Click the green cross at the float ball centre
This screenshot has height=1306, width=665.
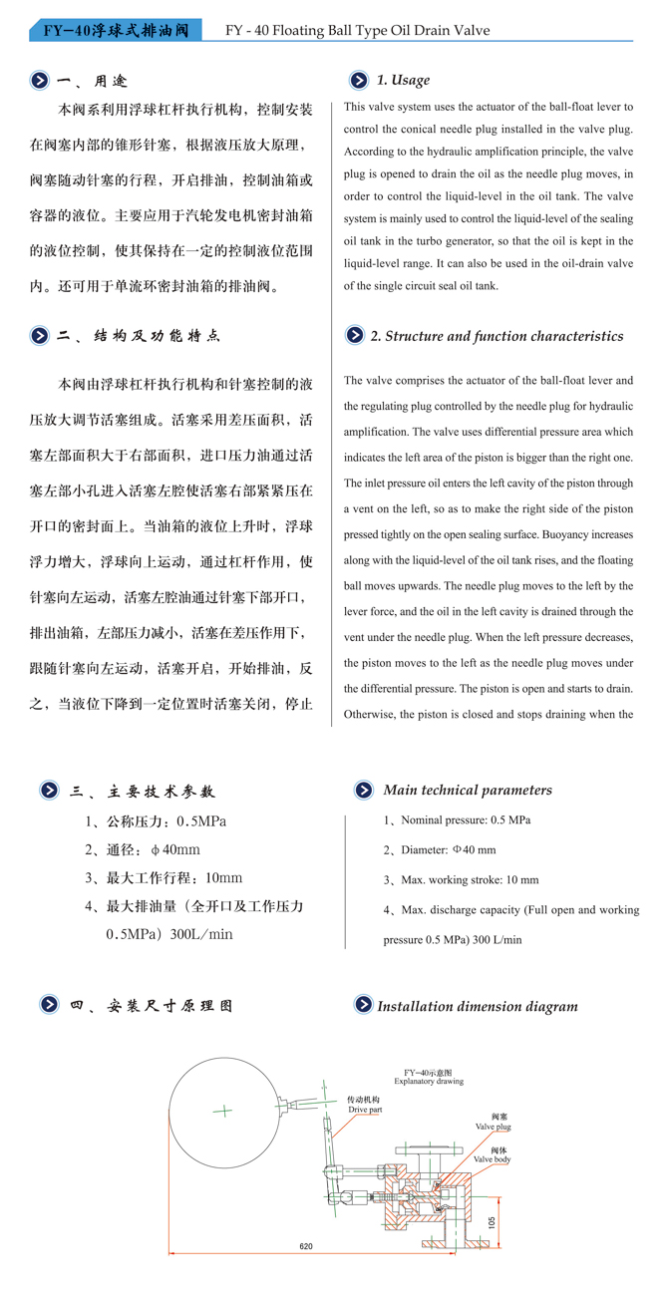pos(226,1110)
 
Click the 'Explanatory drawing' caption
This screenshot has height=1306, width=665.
pos(429,1081)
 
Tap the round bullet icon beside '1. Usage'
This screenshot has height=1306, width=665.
pos(356,81)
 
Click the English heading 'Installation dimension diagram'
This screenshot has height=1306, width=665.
pos(477,1006)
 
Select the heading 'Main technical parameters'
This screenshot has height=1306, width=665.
pos(467,791)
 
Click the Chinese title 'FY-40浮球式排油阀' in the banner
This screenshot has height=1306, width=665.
pos(115,31)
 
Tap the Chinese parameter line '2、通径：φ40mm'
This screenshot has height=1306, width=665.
pos(143,849)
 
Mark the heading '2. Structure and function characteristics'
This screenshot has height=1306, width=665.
pos(497,336)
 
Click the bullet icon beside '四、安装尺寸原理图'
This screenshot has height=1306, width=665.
pos(48,1005)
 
